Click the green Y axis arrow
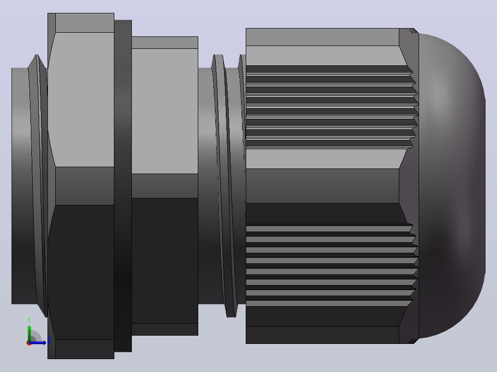tap(29, 333)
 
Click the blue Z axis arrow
tap(38, 343)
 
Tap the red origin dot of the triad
tap(29, 343)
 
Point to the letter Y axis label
tap(29, 320)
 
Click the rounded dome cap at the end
tap(452, 186)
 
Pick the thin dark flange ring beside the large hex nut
tap(123, 186)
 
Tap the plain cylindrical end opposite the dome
tap(20, 186)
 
